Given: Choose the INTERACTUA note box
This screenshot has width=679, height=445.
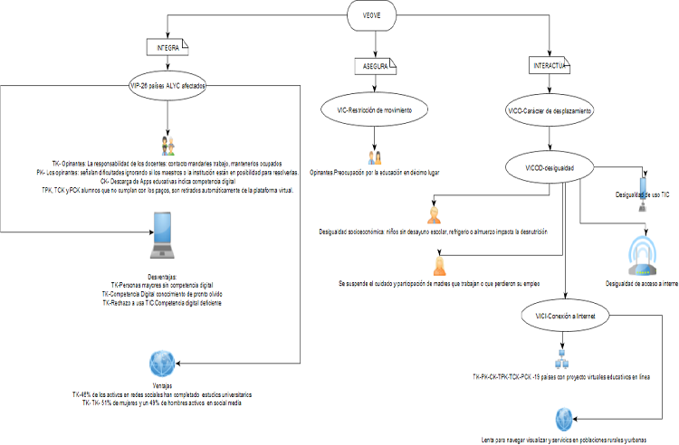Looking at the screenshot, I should tap(550, 67).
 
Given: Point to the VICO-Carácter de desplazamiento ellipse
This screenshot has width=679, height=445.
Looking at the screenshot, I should tap(550, 110).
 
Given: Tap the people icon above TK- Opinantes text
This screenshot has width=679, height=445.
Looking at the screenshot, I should tap(168, 144).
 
